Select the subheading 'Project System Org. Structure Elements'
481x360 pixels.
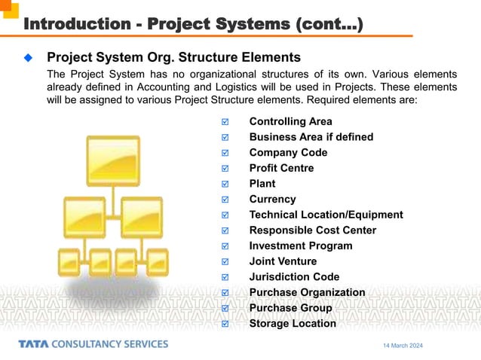point(173,57)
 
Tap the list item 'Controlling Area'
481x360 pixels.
point(290,121)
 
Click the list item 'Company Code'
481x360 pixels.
point(288,152)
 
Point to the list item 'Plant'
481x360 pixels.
point(262,184)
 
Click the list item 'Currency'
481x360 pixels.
point(272,199)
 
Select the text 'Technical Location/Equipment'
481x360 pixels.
point(326,215)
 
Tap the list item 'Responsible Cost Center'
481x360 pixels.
point(312,230)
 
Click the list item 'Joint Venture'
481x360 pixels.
point(283,261)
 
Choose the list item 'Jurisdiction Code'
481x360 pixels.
point(294,276)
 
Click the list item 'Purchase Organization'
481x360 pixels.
point(307,292)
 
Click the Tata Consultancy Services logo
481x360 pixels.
point(93,344)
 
